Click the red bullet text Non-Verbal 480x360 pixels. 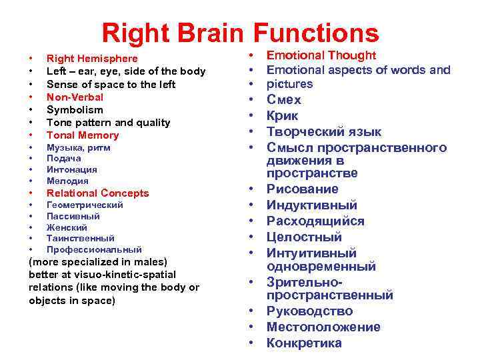75,97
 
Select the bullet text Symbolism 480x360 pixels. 75,109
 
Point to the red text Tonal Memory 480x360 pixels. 83,135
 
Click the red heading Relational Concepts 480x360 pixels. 97,193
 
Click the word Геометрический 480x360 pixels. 85,205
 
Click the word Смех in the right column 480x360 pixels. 284,100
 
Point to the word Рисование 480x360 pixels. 303,189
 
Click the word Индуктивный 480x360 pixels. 312,205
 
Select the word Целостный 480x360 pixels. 304,237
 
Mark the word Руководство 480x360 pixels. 309,311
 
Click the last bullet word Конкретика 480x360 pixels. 304,343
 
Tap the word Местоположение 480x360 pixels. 323,327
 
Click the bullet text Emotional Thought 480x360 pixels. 321,56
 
